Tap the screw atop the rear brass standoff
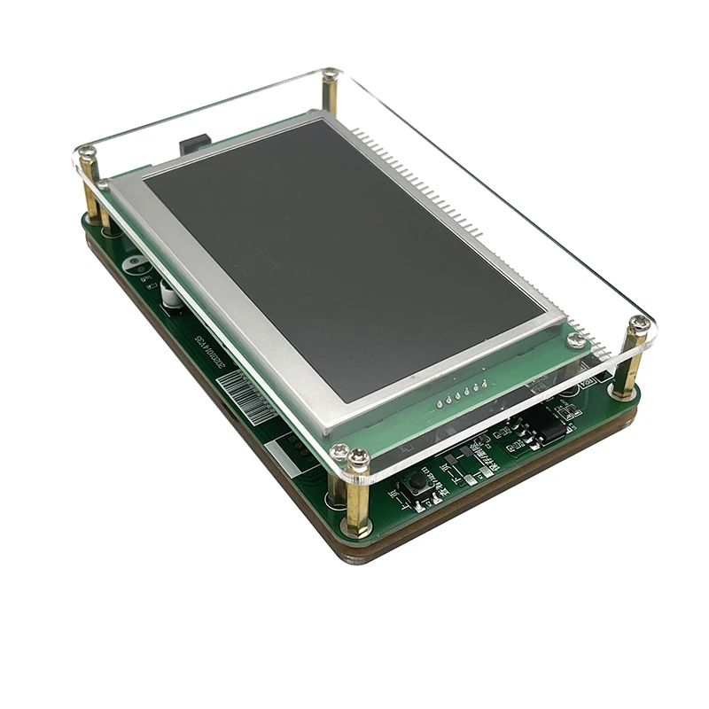331,75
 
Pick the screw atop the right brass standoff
637,324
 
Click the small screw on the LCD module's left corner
104,185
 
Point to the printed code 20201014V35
206,347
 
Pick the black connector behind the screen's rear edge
194,142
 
